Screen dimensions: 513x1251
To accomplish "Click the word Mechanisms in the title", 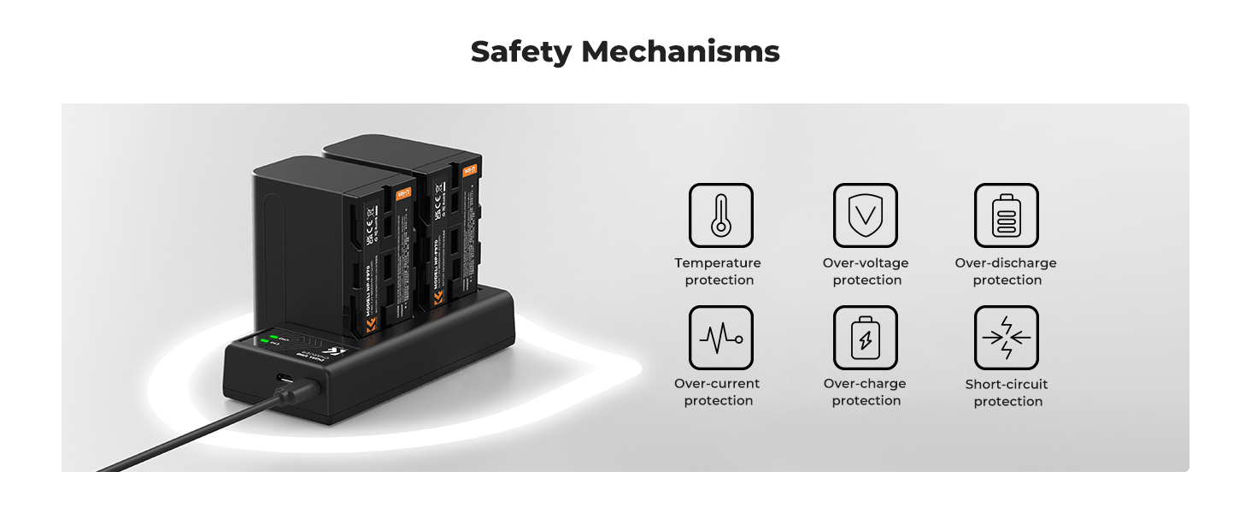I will [680, 52].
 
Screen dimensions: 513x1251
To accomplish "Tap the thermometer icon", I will [720, 215].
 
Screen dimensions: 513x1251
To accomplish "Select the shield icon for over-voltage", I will [866, 215].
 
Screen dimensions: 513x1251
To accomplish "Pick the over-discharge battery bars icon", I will [1007, 215].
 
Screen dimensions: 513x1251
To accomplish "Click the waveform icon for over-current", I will [720, 338].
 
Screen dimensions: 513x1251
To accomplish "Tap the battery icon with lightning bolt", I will [866, 338].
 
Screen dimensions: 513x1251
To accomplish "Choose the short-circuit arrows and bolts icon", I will [1007, 338].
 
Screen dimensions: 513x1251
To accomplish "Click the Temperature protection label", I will [718, 272].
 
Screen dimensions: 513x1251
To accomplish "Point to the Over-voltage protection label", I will [866, 272].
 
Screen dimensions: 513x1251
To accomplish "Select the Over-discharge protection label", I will [1006, 272].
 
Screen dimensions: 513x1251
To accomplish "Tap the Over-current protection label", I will [717, 392].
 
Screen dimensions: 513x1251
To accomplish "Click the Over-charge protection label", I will [865, 392].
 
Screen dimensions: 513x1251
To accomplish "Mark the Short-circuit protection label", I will [1007, 393].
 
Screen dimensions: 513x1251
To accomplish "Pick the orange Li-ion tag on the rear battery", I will [468, 171].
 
